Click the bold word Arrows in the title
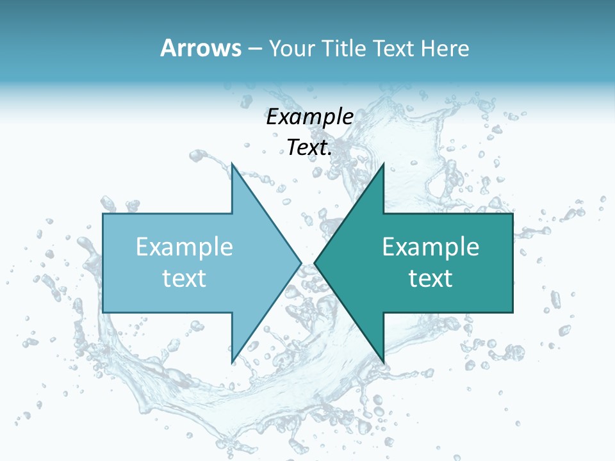click(x=200, y=49)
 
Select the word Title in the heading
click(x=343, y=49)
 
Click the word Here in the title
click(x=445, y=49)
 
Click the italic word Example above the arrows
click(x=309, y=117)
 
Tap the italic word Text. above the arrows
click(x=309, y=148)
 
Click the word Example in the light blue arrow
click(x=184, y=247)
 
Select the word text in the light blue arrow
click(x=184, y=279)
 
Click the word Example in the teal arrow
click(x=430, y=247)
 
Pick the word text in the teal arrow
click(x=430, y=279)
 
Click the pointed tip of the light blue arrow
click(x=300, y=263)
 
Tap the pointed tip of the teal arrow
click(x=315, y=263)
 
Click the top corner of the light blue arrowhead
click(x=233, y=165)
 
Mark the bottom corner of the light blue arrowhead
click(x=233, y=362)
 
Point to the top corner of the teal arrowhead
click(x=383, y=165)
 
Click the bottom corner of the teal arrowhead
click(x=383, y=362)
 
